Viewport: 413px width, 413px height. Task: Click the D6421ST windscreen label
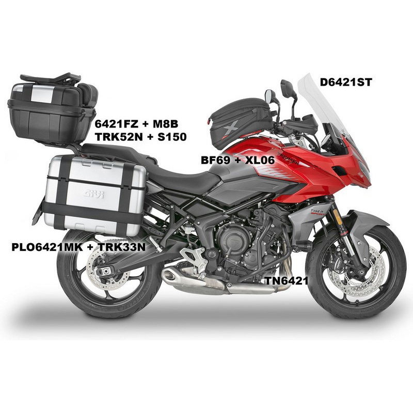[345, 83]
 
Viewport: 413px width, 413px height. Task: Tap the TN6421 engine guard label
[287, 281]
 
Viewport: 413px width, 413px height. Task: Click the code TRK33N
[122, 247]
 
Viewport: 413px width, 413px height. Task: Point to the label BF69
[215, 160]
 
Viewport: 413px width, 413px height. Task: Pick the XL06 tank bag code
[260, 160]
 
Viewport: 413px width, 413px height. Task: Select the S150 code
[172, 137]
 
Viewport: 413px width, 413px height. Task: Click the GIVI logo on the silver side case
[94, 195]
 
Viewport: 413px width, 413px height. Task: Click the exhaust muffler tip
[171, 276]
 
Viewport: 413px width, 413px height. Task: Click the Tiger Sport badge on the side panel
[317, 212]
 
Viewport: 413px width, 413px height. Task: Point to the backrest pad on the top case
[88, 93]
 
